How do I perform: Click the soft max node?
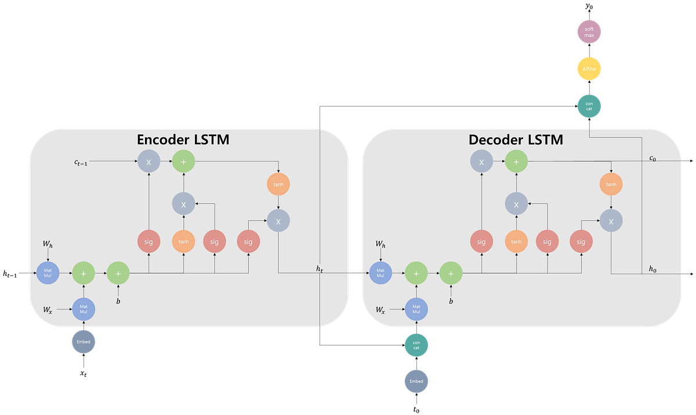(x=589, y=32)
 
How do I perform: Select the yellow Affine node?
(x=589, y=69)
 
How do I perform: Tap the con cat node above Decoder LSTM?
(x=589, y=105)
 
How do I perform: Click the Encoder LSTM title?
(x=183, y=140)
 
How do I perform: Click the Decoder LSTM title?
(x=516, y=140)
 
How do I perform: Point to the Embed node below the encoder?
(x=84, y=342)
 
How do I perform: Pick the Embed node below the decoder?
(x=416, y=381)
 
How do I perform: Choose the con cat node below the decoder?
(x=416, y=345)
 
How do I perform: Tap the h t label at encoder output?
(x=320, y=268)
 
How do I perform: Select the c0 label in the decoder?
(x=652, y=158)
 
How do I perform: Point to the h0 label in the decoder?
(x=652, y=268)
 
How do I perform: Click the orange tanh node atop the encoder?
(x=278, y=185)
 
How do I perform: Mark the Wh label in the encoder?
(x=48, y=245)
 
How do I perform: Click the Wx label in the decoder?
(x=380, y=310)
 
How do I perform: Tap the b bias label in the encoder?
(x=118, y=301)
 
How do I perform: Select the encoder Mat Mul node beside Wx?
(x=84, y=310)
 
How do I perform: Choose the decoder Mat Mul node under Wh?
(x=380, y=272)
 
